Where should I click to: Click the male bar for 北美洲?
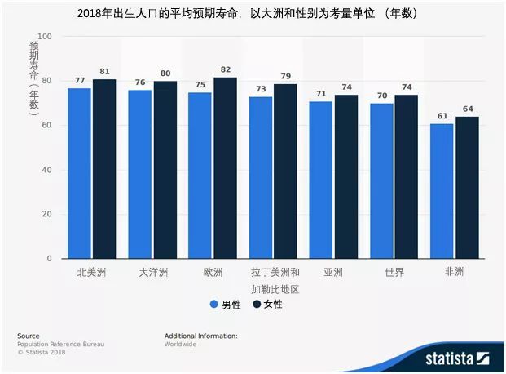coord(79,173)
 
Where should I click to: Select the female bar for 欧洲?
coord(225,168)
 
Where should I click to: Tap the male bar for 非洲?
coord(442,191)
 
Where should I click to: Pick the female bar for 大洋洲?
coord(165,170)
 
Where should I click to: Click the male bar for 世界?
coord(382,181)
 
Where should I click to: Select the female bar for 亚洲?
coord(346,176)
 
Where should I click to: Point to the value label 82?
coord(226,69)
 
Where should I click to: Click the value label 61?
coord(442,116)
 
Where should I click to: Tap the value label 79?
coord(286,77)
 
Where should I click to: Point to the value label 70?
coord(382,96)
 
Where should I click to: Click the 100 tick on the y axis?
coord(45,37)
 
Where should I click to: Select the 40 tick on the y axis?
coord(46,170)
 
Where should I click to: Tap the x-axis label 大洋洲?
coord(153,273)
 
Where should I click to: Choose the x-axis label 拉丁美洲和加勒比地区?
coord(275,281)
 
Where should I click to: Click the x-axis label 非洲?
coord(454,272)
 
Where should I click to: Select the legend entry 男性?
coord(225,305)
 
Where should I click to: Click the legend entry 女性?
coord(267,304)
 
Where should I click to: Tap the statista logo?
coord(457,358)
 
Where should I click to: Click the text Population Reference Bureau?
coord(60,345)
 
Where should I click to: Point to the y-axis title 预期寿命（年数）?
coord(34,78)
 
